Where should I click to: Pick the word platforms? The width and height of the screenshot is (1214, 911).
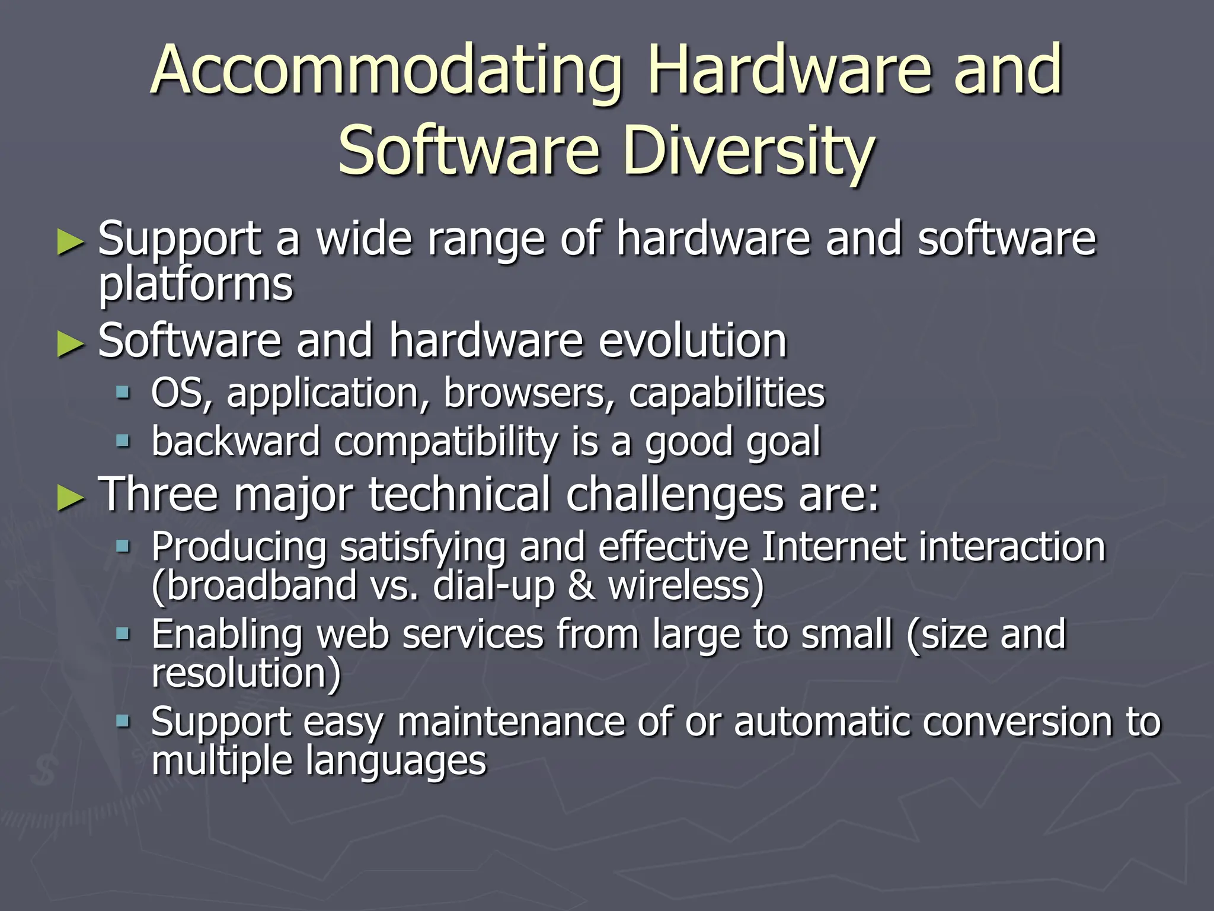point(196,285)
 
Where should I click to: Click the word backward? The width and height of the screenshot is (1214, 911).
point(235,441)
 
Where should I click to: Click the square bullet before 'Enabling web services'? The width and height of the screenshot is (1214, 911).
point(123,634)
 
